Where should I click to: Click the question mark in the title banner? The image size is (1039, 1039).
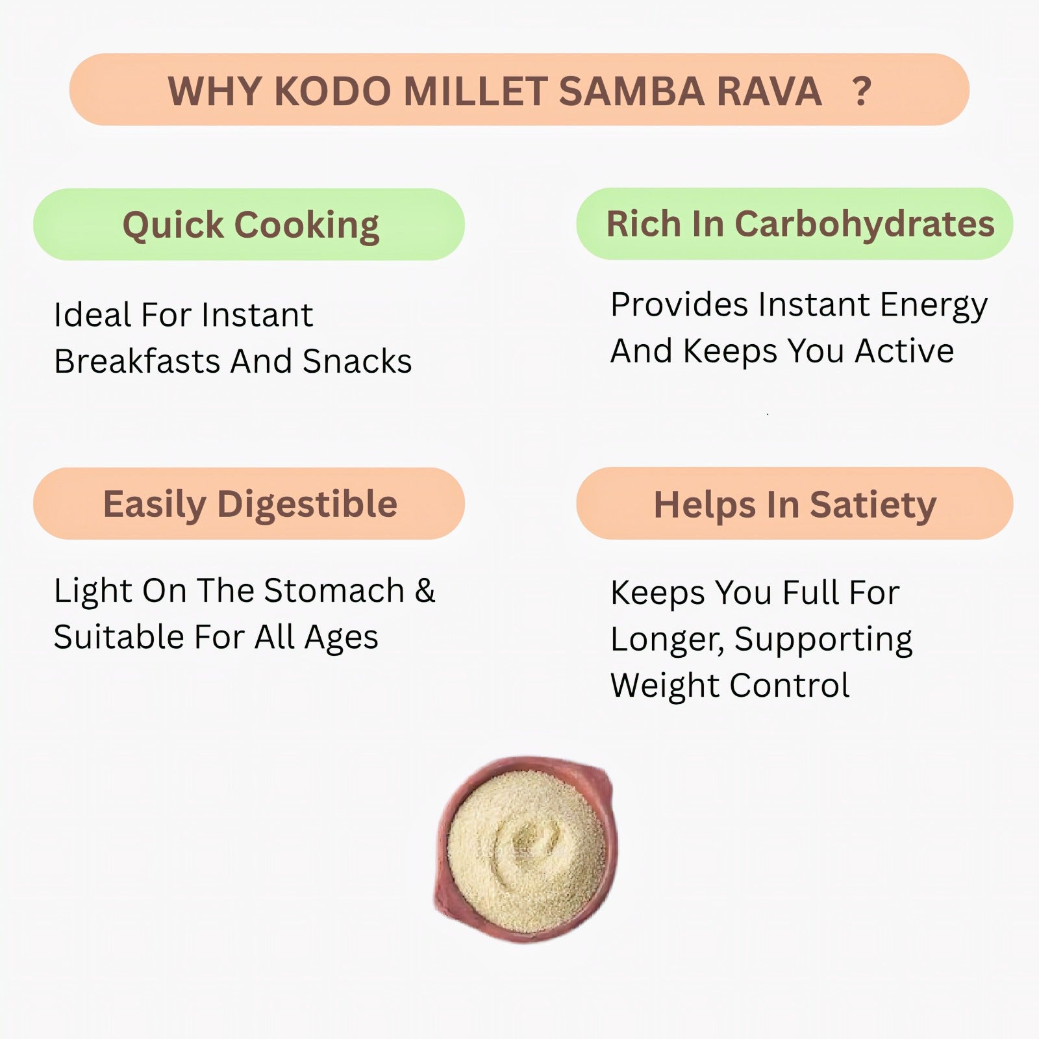tap(862, 92)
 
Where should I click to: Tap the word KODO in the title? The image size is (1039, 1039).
tap(332, 91)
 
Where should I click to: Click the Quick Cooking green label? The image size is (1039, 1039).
tap(249, 225)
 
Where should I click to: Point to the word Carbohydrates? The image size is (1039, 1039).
tap(864, 224)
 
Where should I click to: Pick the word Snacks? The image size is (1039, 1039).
tap(357, 361)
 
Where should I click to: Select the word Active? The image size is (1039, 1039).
tap(904, 351)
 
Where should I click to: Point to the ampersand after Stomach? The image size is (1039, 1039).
tap(425, 591)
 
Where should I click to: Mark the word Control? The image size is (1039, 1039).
tap(789, 686)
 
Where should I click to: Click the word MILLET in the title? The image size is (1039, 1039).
tap(475, 91)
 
